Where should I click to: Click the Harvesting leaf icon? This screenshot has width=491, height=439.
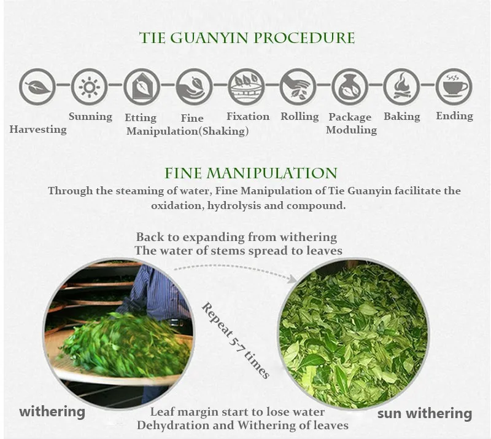(x=37, y=85)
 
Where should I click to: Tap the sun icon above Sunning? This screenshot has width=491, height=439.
(x=90, y=85)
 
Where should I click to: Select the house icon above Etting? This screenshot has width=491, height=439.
(x=142, y=86)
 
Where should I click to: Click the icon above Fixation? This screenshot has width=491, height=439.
(x=245, y=86)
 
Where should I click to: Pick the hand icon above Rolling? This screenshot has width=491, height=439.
(x=298, y=86)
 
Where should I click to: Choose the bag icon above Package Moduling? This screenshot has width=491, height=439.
(x=350, y=86)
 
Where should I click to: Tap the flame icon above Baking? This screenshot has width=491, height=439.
(x=401, y=86)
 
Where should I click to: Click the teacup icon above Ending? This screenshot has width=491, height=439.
(x=454, y=86)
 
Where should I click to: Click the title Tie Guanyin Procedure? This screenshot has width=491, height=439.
(x=247, y=38)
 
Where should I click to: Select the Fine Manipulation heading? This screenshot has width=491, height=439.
(x=251, y=173)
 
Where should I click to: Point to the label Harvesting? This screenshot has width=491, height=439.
(x=38, y=130)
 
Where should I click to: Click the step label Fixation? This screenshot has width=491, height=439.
(x=248, y=116)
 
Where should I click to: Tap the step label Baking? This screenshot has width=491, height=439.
(x=402, y=116)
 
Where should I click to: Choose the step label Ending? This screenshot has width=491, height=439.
(x=454, y=116)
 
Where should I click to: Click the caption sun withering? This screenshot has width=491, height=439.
(x=425, y=413)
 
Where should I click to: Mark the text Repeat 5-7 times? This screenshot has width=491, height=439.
(x=235, y=340)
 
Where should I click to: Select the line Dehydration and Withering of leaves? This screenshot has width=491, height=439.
(x=242, y=425)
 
